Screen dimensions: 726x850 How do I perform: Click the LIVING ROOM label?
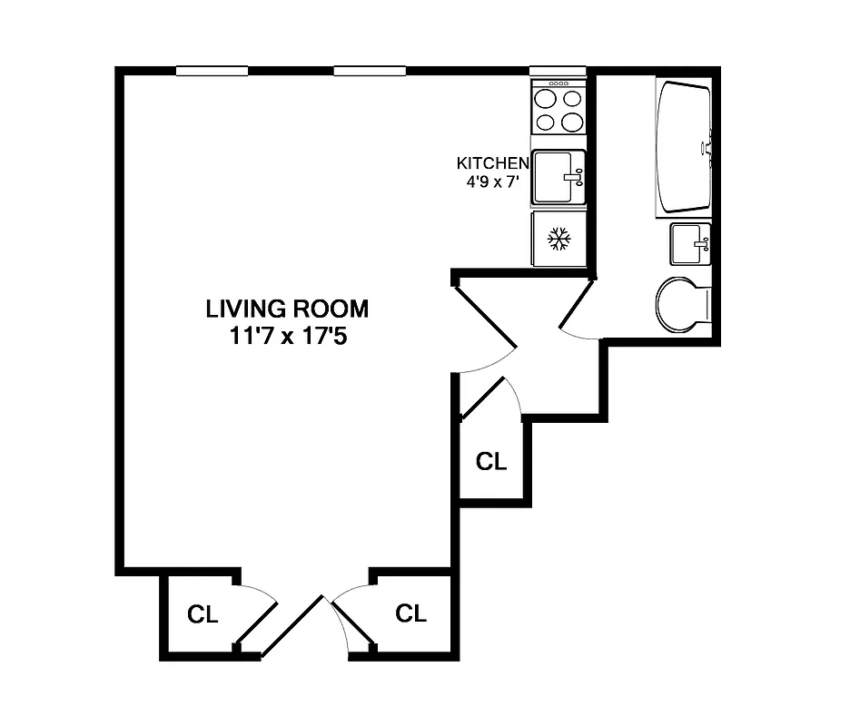(x=287, y=309)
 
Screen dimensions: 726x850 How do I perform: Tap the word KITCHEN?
(x=492, y=163)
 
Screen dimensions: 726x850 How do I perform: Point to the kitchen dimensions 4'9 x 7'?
(x=492, y=181)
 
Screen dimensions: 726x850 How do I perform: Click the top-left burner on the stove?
(x=546, y=99)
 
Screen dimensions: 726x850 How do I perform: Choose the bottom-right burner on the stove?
(x=572, y=121)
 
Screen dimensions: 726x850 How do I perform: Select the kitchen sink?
(x=556, y=177)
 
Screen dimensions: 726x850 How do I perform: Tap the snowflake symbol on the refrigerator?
(x=558, y=240)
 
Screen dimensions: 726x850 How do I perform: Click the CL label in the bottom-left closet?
(x=203, y=614)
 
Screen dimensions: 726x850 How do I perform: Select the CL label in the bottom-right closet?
(x=410, y=613)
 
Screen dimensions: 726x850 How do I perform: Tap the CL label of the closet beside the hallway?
(x=491, y=461)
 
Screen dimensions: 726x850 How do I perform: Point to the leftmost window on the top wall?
(x=212, y=71)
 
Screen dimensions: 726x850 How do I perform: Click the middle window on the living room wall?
(x=369, y=71)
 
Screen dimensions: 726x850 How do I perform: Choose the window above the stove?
(x=558, y=71)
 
